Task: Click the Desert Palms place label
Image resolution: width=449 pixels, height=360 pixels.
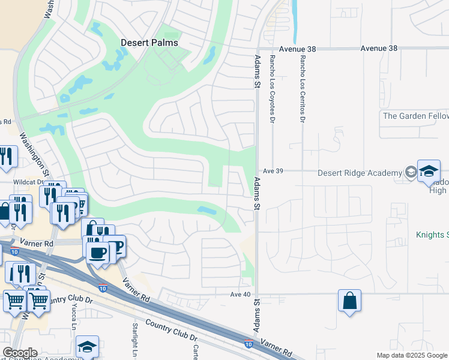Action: pos(150,43)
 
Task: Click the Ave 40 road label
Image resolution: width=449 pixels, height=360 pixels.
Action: pos(240,294)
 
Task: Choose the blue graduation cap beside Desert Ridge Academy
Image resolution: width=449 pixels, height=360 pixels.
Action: pos(429,170)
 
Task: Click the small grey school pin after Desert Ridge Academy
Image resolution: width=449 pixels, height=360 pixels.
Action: pos(410,173)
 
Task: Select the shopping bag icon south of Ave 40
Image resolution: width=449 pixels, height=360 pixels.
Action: pos(349,300)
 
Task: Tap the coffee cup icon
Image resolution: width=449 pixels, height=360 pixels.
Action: pos(97,252)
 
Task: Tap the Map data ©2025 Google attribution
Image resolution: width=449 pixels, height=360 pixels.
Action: pos(411,355)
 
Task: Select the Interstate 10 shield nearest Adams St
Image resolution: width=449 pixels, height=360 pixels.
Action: pos(248,344)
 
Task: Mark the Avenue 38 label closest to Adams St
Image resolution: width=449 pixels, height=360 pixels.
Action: pos(291,48)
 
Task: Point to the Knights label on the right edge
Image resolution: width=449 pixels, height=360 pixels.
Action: pos(432,235)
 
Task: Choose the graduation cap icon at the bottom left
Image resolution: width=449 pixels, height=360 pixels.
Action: pos(87,346)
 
